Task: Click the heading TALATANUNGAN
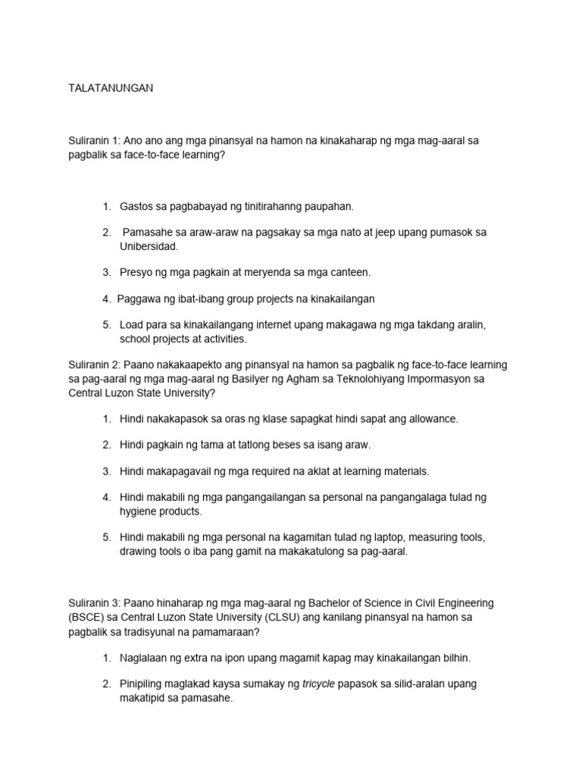point(111,88)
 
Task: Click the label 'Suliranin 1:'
point(94,140)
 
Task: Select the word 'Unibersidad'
point(149,246)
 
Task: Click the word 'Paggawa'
point(136,298)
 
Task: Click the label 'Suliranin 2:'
point(94,365)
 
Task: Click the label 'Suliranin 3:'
point(94,603)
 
